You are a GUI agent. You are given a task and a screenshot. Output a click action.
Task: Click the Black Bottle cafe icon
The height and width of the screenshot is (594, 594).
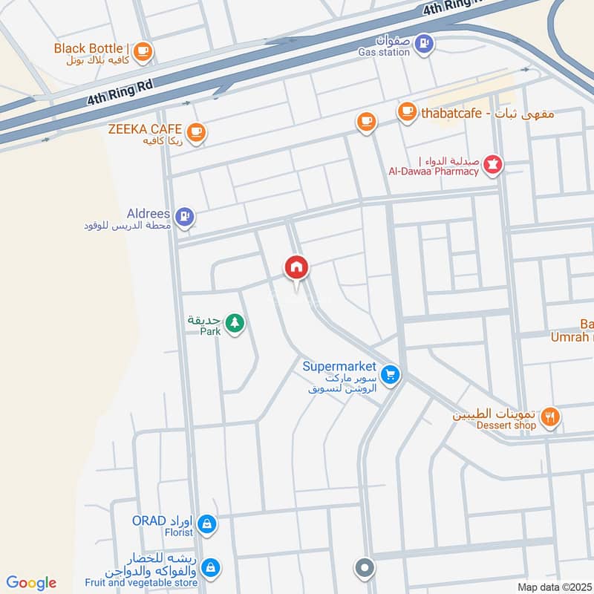pyautogui.click(x=144, y=50)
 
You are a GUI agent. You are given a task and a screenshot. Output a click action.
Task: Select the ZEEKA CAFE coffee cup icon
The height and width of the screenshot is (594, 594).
pyautogui.click(x=196, y=132)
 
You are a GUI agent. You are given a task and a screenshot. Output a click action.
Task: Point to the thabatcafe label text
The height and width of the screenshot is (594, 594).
pyautogui.click(x=487, y=114)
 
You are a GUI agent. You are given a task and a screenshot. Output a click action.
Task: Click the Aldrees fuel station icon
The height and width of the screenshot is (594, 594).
pyautogui.click(x=186, y=217)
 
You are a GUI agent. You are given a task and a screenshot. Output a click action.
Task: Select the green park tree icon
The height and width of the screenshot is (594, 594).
pyautogui.click(x=235, y=323)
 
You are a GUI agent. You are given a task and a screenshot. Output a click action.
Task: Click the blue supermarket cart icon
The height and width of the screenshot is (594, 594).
pyautogui.click(x=391, y=375)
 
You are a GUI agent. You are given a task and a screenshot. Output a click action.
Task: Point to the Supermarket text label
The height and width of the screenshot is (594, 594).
pyautogui.click(x=339, y=366)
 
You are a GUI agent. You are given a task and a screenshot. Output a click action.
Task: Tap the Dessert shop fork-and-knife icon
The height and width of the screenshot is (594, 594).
pyautogui.click(x=549, y=418)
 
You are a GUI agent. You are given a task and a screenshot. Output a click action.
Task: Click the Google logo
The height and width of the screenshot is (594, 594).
pyautogui.click(x=31, y=583)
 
